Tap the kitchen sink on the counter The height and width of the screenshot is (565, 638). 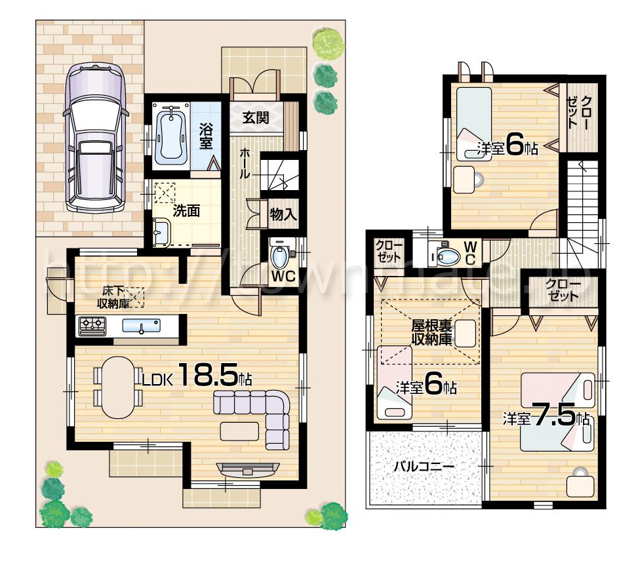click(x=140, y=326)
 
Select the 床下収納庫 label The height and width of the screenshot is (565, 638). click(x=112, y=296)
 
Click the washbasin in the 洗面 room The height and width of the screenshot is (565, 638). click(x=161, y=231)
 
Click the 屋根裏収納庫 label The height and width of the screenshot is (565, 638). click(x=431, y=332)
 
